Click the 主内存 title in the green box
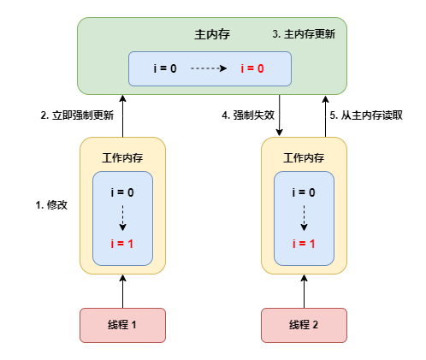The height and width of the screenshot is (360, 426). point(212,34)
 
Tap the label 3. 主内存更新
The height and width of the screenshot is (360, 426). point(304,34)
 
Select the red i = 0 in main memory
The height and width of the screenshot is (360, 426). point(252,68)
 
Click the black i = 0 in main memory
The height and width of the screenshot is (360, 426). point(165,68)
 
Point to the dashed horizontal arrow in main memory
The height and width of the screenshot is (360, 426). point(209,68)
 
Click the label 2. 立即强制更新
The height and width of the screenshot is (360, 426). point(77,115)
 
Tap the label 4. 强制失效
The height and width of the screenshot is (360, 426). point(248,115)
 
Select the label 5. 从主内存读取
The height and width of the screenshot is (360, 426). point(366,115)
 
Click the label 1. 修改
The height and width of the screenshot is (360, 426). point(51,205)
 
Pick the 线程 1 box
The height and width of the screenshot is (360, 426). point(122,325)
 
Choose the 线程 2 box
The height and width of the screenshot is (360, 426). point(304,325)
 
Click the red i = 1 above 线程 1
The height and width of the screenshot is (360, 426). point(122,244)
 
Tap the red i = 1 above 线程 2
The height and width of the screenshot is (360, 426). point(304,244)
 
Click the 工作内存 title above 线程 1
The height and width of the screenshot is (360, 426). point(122,158)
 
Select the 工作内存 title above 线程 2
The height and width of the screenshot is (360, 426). point(304,158)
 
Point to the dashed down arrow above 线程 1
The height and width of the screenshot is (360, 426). point(123,218)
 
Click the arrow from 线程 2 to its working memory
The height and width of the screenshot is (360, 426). point(305,292)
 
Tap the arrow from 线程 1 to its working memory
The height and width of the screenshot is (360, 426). point(123,292)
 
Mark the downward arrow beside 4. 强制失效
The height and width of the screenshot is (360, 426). point(280,115)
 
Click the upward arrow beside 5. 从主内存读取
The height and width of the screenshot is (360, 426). point(326,116)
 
